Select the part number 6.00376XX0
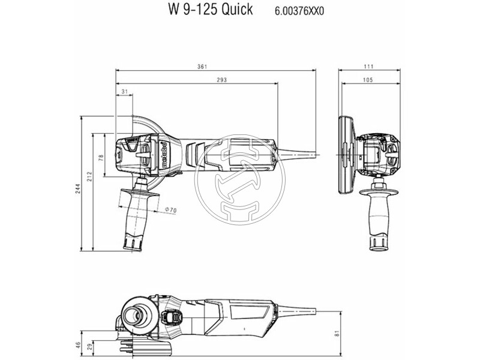coord(299,11)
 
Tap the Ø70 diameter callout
coord(170,210)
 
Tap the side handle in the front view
coord(379,216)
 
